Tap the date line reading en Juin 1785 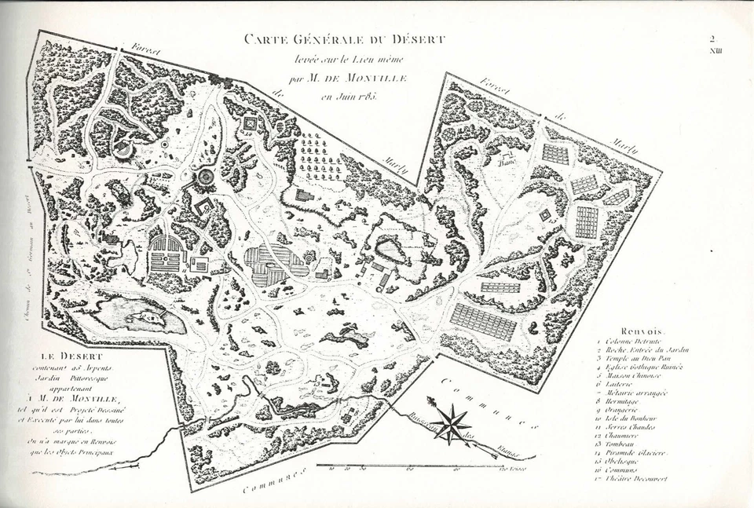pyautogui.click(x=349, y=97)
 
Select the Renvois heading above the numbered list pyautogui.click(x=642, y=333)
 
